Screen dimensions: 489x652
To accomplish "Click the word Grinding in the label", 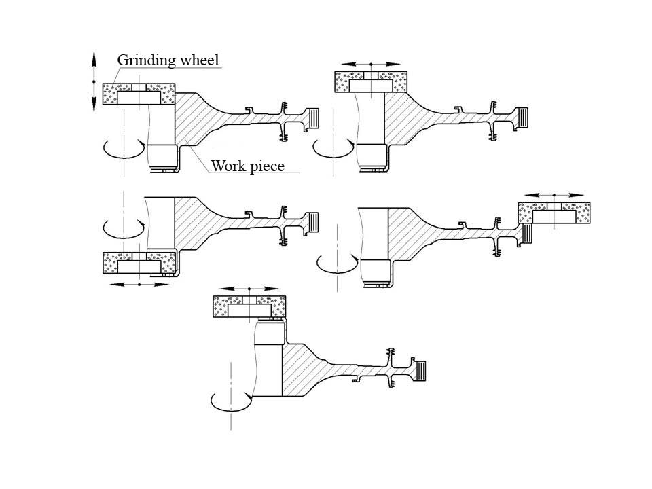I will coord(141,60).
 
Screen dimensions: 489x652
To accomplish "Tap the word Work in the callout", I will coord(227,166).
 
